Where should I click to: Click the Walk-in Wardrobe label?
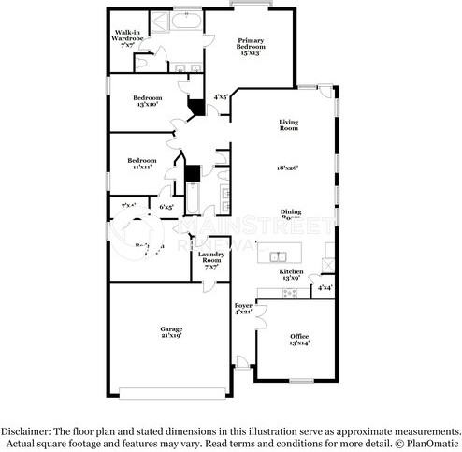click(128, 36)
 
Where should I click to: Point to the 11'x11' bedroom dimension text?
click(141, 166)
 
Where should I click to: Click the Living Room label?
click(288, 124)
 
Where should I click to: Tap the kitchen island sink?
click(277, 255)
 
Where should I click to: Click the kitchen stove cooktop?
click(289, 292)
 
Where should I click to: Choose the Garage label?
click(170, 328)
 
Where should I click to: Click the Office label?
click(299, 335)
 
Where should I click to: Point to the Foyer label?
click(243, 306)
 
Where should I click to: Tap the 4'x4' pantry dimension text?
click(325, 288)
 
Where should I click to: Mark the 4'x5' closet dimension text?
click(220, 96)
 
